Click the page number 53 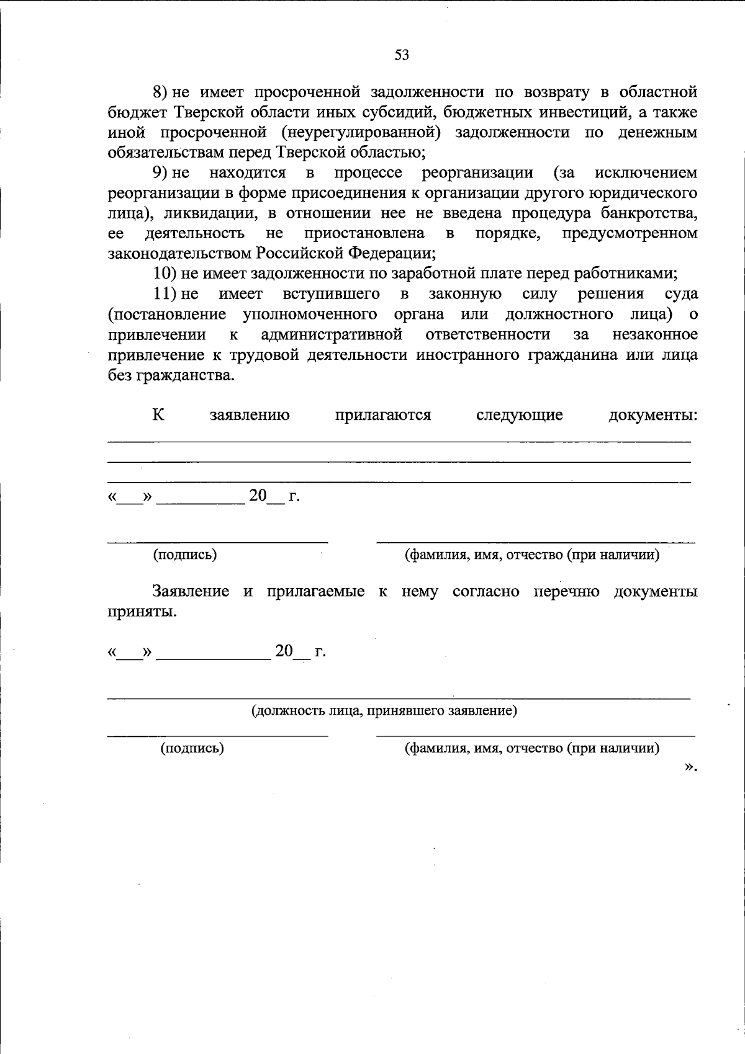[x=402, y=55]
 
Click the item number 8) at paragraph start [x=161, y=92]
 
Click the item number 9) [x=161, y=172]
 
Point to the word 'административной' [x=332, y=334]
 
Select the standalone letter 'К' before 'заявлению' [x=158, y=415]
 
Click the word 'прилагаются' [x=382, y=415]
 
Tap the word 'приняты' [x=142, y=612]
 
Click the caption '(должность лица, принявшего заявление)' [x=384, y=710]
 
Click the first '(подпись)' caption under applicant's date [x=185, y=555]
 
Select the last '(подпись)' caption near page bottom [x=192, y=748]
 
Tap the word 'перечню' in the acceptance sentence [x=566, y=591]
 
